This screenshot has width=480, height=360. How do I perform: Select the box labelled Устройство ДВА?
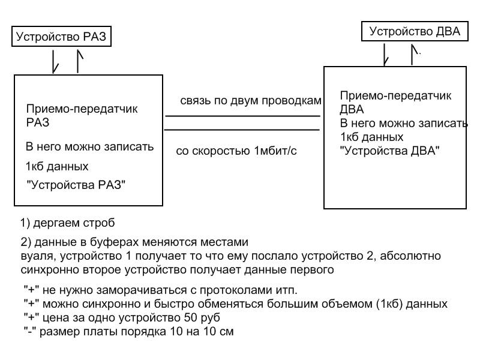point(414,32)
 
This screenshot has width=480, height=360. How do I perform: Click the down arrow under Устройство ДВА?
point(386,54)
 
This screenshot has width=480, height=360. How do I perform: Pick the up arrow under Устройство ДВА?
point(413,54)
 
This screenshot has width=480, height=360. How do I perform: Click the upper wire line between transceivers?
point(242,116)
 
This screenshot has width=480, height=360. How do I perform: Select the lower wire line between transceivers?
point(242,130)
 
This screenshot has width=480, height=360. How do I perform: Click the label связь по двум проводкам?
point(251,100)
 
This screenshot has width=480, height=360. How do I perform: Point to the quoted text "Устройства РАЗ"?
point(75,185)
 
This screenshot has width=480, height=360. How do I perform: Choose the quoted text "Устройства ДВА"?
point(390,151)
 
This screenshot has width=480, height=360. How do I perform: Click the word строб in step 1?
point(100,223)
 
